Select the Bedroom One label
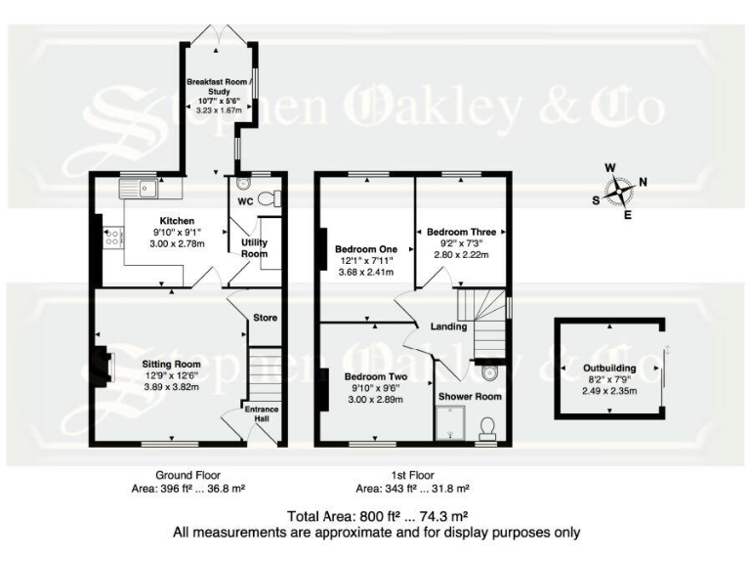point(359,248)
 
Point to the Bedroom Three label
point(461,232)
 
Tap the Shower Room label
point(469,397)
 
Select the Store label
point(265,318)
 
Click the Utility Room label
point(254,247)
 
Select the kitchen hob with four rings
point(111,235)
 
